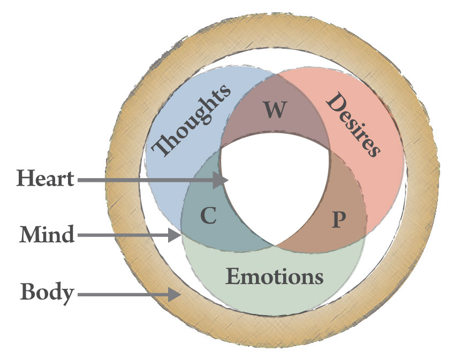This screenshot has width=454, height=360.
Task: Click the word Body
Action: pos(47,293)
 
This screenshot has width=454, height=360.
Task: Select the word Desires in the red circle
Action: pos(353,125)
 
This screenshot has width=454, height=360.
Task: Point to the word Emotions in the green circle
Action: pos(275,277)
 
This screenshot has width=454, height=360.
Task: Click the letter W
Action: pos(275,109)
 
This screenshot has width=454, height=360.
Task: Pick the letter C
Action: pos(208,216)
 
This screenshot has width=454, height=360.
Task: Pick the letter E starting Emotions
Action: pos(232,277)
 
